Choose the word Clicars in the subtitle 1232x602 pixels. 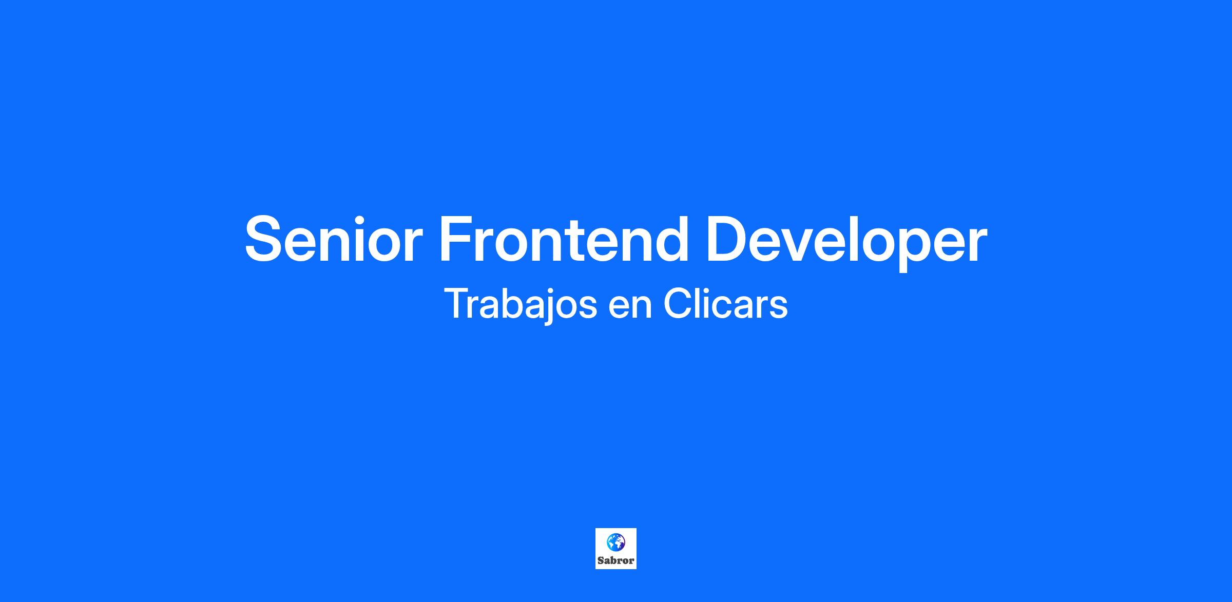725,304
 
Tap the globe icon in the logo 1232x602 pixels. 616,542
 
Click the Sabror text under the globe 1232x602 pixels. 616,560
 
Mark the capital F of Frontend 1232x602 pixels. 456,239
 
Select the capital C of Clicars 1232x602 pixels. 678,304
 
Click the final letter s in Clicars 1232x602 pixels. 778,308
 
